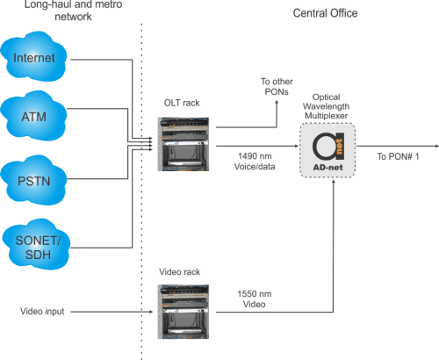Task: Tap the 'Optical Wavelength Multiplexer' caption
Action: point(333,103)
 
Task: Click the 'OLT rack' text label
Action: point(183,103)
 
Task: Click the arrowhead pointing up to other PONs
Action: point(277,100)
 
